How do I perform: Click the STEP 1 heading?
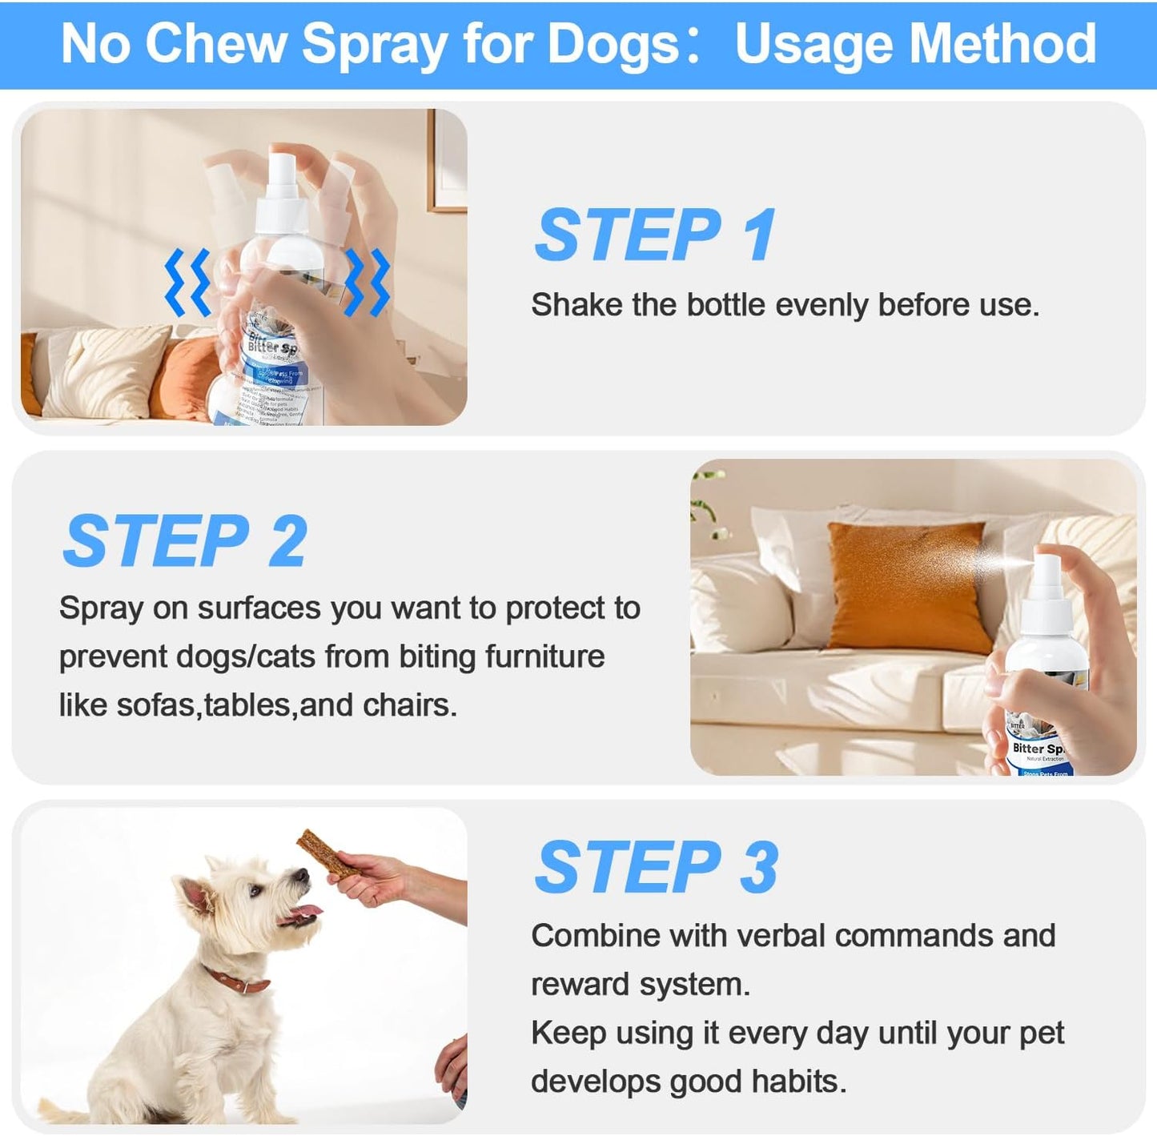(655, 235)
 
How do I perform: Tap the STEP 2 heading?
(185, 542)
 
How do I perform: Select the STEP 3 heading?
(656, 868)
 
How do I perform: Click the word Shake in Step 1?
(576, 305)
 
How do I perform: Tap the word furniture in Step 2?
(545, 656)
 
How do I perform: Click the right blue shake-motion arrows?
(368, 282)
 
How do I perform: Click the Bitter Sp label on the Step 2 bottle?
(1037, 748)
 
